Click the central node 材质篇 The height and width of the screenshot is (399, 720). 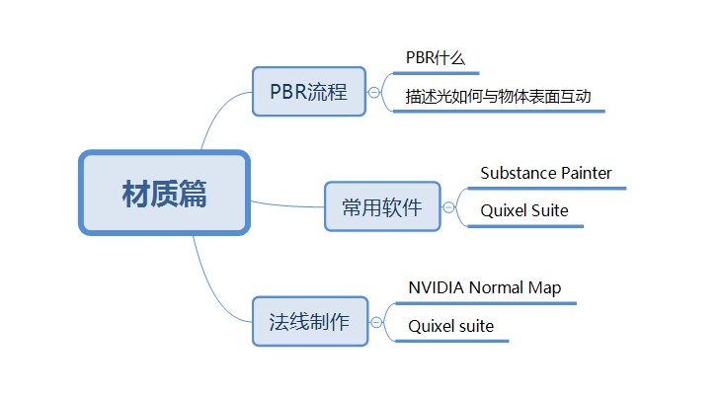pos(164,193)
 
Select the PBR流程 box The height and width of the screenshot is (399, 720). pos(309,92)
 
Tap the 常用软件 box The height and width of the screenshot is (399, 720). pos(382,206)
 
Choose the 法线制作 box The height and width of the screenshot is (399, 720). pos(310,321)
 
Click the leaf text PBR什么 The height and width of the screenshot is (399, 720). pos(436,58)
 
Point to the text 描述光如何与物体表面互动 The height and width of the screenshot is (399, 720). pos(498,97)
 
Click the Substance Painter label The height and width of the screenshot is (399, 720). pos(546,173)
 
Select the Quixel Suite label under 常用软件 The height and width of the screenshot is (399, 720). pos(524,210)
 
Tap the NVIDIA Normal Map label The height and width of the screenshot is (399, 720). pos(484,287)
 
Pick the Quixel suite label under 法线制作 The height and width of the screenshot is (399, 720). pos(451,326)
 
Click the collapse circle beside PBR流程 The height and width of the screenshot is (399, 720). pos(374,92)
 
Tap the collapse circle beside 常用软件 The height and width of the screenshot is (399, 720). pos(448,207)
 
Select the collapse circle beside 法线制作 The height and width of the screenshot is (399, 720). pos(376,322)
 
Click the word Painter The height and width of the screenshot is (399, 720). pos(587,173)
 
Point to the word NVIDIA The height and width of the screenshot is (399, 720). pos(437,287)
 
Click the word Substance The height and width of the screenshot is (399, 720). pos(519,173)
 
